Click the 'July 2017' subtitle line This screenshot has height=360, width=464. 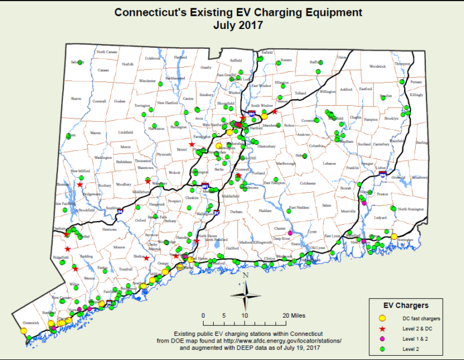point(237,25)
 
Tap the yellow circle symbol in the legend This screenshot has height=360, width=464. point(382,318)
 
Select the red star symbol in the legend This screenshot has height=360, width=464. point(382,329)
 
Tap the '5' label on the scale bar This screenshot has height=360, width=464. point(224,315)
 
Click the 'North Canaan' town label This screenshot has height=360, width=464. point(108,52)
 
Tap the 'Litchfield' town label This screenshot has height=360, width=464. point(125,132)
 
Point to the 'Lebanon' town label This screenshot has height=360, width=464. point(329,164)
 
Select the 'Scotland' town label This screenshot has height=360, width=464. point(364,144)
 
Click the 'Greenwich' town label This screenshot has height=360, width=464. point(31,323)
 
